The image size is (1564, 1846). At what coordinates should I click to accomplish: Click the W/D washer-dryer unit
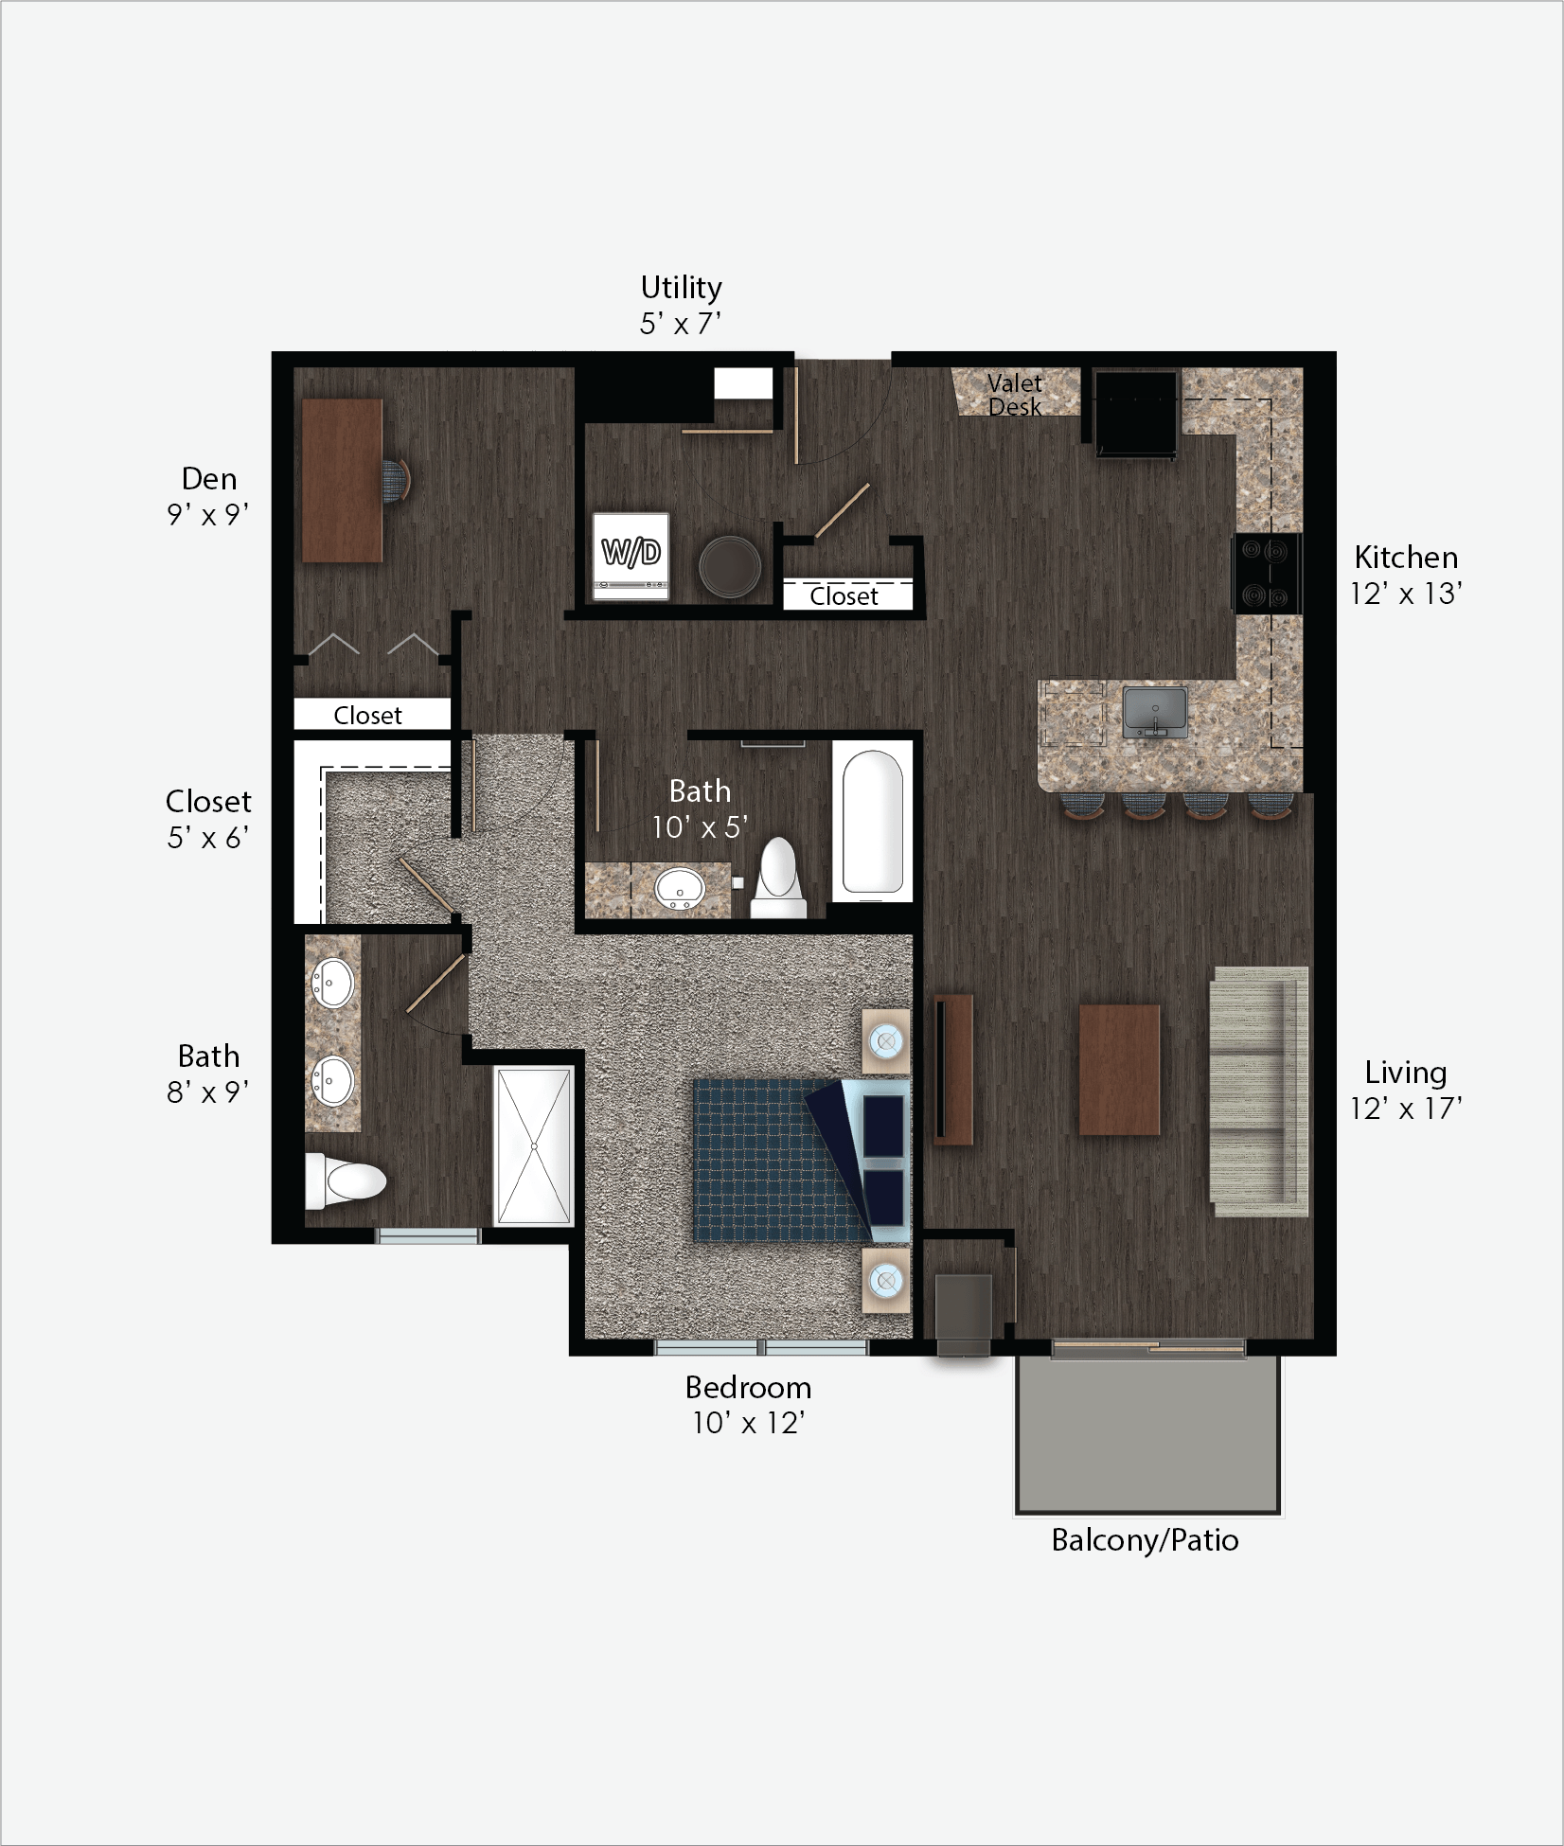click(x=631, y=557)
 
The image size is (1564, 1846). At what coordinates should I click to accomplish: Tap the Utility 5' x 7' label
click(x=681, y=305)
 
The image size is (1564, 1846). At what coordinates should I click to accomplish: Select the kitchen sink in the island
click(x=1155, y=713)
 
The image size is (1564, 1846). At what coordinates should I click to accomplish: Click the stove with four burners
click(x=1267, y=574)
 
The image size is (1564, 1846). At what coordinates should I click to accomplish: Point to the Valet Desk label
click(x=1015, y=395)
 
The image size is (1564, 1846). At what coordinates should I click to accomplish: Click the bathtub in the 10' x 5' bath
click(x=872, y=823)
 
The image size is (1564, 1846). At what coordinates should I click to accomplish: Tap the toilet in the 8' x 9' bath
click(x=346, y=1180)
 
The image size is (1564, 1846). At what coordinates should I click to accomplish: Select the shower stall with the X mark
click(x=534, y=1146)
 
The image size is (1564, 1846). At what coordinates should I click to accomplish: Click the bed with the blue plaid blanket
click(x=802, y=1160)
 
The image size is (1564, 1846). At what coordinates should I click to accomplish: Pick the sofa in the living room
click(x=1259, y=1092)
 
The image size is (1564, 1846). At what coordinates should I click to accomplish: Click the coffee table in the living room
click(x=1120, y=1070)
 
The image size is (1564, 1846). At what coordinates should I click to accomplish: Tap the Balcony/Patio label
click(x=1145, y=1540)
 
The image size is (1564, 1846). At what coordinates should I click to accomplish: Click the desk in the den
click(x=343, y=480)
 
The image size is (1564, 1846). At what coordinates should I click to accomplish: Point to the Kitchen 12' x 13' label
click(x=1406, y=575)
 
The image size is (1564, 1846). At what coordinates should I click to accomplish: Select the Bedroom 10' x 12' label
click(x=748, y=1405)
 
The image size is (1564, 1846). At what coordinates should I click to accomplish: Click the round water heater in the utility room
click(x=730, y=567)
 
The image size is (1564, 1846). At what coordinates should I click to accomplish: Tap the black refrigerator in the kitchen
click(x=1135, y=415)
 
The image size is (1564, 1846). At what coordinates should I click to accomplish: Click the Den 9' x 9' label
click(x=208, y=496)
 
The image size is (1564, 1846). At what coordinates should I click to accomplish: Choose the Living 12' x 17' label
click(x=1406, y=1091)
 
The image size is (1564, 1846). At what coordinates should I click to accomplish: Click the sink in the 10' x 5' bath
click(x=680, y=888)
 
